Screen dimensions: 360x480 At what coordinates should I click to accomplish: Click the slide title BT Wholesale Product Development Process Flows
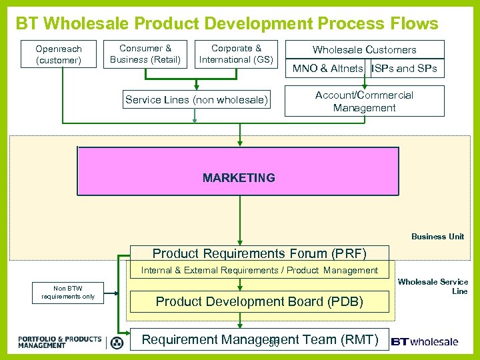[227, 24]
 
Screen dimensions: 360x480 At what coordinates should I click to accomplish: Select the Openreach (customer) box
[58, 55]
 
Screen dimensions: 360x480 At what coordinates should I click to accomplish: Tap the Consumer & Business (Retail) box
[145, 54]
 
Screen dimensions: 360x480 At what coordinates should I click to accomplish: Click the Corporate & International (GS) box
[235, 54]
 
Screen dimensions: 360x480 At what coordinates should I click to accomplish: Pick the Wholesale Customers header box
[364, 49]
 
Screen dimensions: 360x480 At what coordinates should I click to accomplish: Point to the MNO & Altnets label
[327, 69]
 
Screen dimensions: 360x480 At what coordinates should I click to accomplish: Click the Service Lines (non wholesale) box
[197, 100]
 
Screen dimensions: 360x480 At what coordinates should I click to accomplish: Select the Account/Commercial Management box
[364, 101]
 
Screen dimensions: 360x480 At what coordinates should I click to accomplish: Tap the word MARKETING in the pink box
[239, 178]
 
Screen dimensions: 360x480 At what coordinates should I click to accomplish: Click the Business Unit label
[437, 237]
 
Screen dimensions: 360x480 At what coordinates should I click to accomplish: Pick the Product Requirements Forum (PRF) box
[259, 253]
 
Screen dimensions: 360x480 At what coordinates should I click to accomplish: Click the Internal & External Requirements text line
[259, 270]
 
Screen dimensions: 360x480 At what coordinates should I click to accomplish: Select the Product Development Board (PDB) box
[259, 301]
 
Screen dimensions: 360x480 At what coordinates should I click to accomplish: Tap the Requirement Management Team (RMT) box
[259, 340]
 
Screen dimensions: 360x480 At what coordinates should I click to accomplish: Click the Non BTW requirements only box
[68, 292]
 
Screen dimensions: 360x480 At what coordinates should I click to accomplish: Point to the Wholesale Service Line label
[433, 287]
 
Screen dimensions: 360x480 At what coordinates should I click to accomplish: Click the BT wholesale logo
[425, 341]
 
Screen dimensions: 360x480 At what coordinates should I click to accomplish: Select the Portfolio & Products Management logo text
[60, 342]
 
